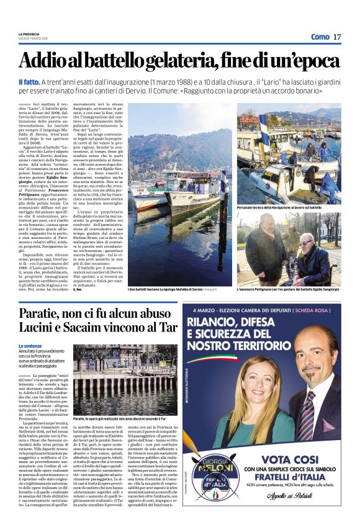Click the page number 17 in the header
(x=337, y=37)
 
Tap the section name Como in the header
(x=320, y=37)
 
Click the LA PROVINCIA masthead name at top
(x=29, y=34)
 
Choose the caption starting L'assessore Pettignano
(x=288, y=289)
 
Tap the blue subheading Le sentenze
(x=31, y=345)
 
